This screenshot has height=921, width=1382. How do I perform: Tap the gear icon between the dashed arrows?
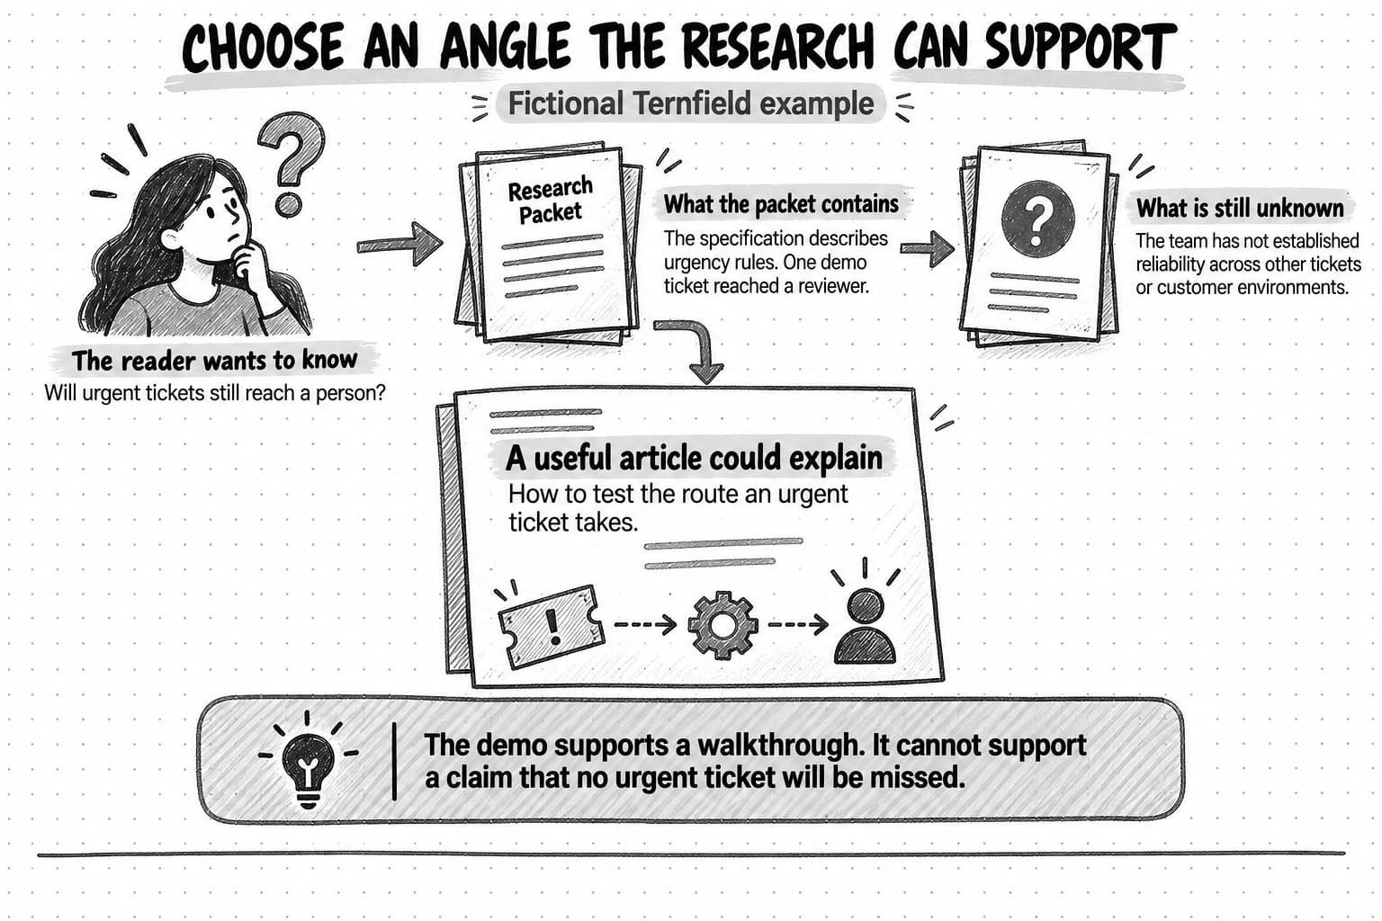(x=722, y=625)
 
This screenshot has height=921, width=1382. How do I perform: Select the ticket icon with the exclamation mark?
(x=551, y=626)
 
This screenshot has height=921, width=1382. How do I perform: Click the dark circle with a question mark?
(x=1037, y=219)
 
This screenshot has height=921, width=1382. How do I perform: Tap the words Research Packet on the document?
(x=550, y=200)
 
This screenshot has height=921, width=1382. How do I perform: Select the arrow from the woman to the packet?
(x=399, y=245)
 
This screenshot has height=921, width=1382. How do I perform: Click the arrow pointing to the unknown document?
(x=928, y=248)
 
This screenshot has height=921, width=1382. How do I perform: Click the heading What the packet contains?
(x=780, y=204)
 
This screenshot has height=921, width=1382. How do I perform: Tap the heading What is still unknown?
(x=1240, y=209)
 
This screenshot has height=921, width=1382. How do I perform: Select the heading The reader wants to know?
(x=214, y=361)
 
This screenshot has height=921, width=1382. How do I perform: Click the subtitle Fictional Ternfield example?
(x=690, y=103)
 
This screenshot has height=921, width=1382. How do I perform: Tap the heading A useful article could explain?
(x=694, y=459)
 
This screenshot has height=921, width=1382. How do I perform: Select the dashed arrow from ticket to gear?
(x=645, y=625)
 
